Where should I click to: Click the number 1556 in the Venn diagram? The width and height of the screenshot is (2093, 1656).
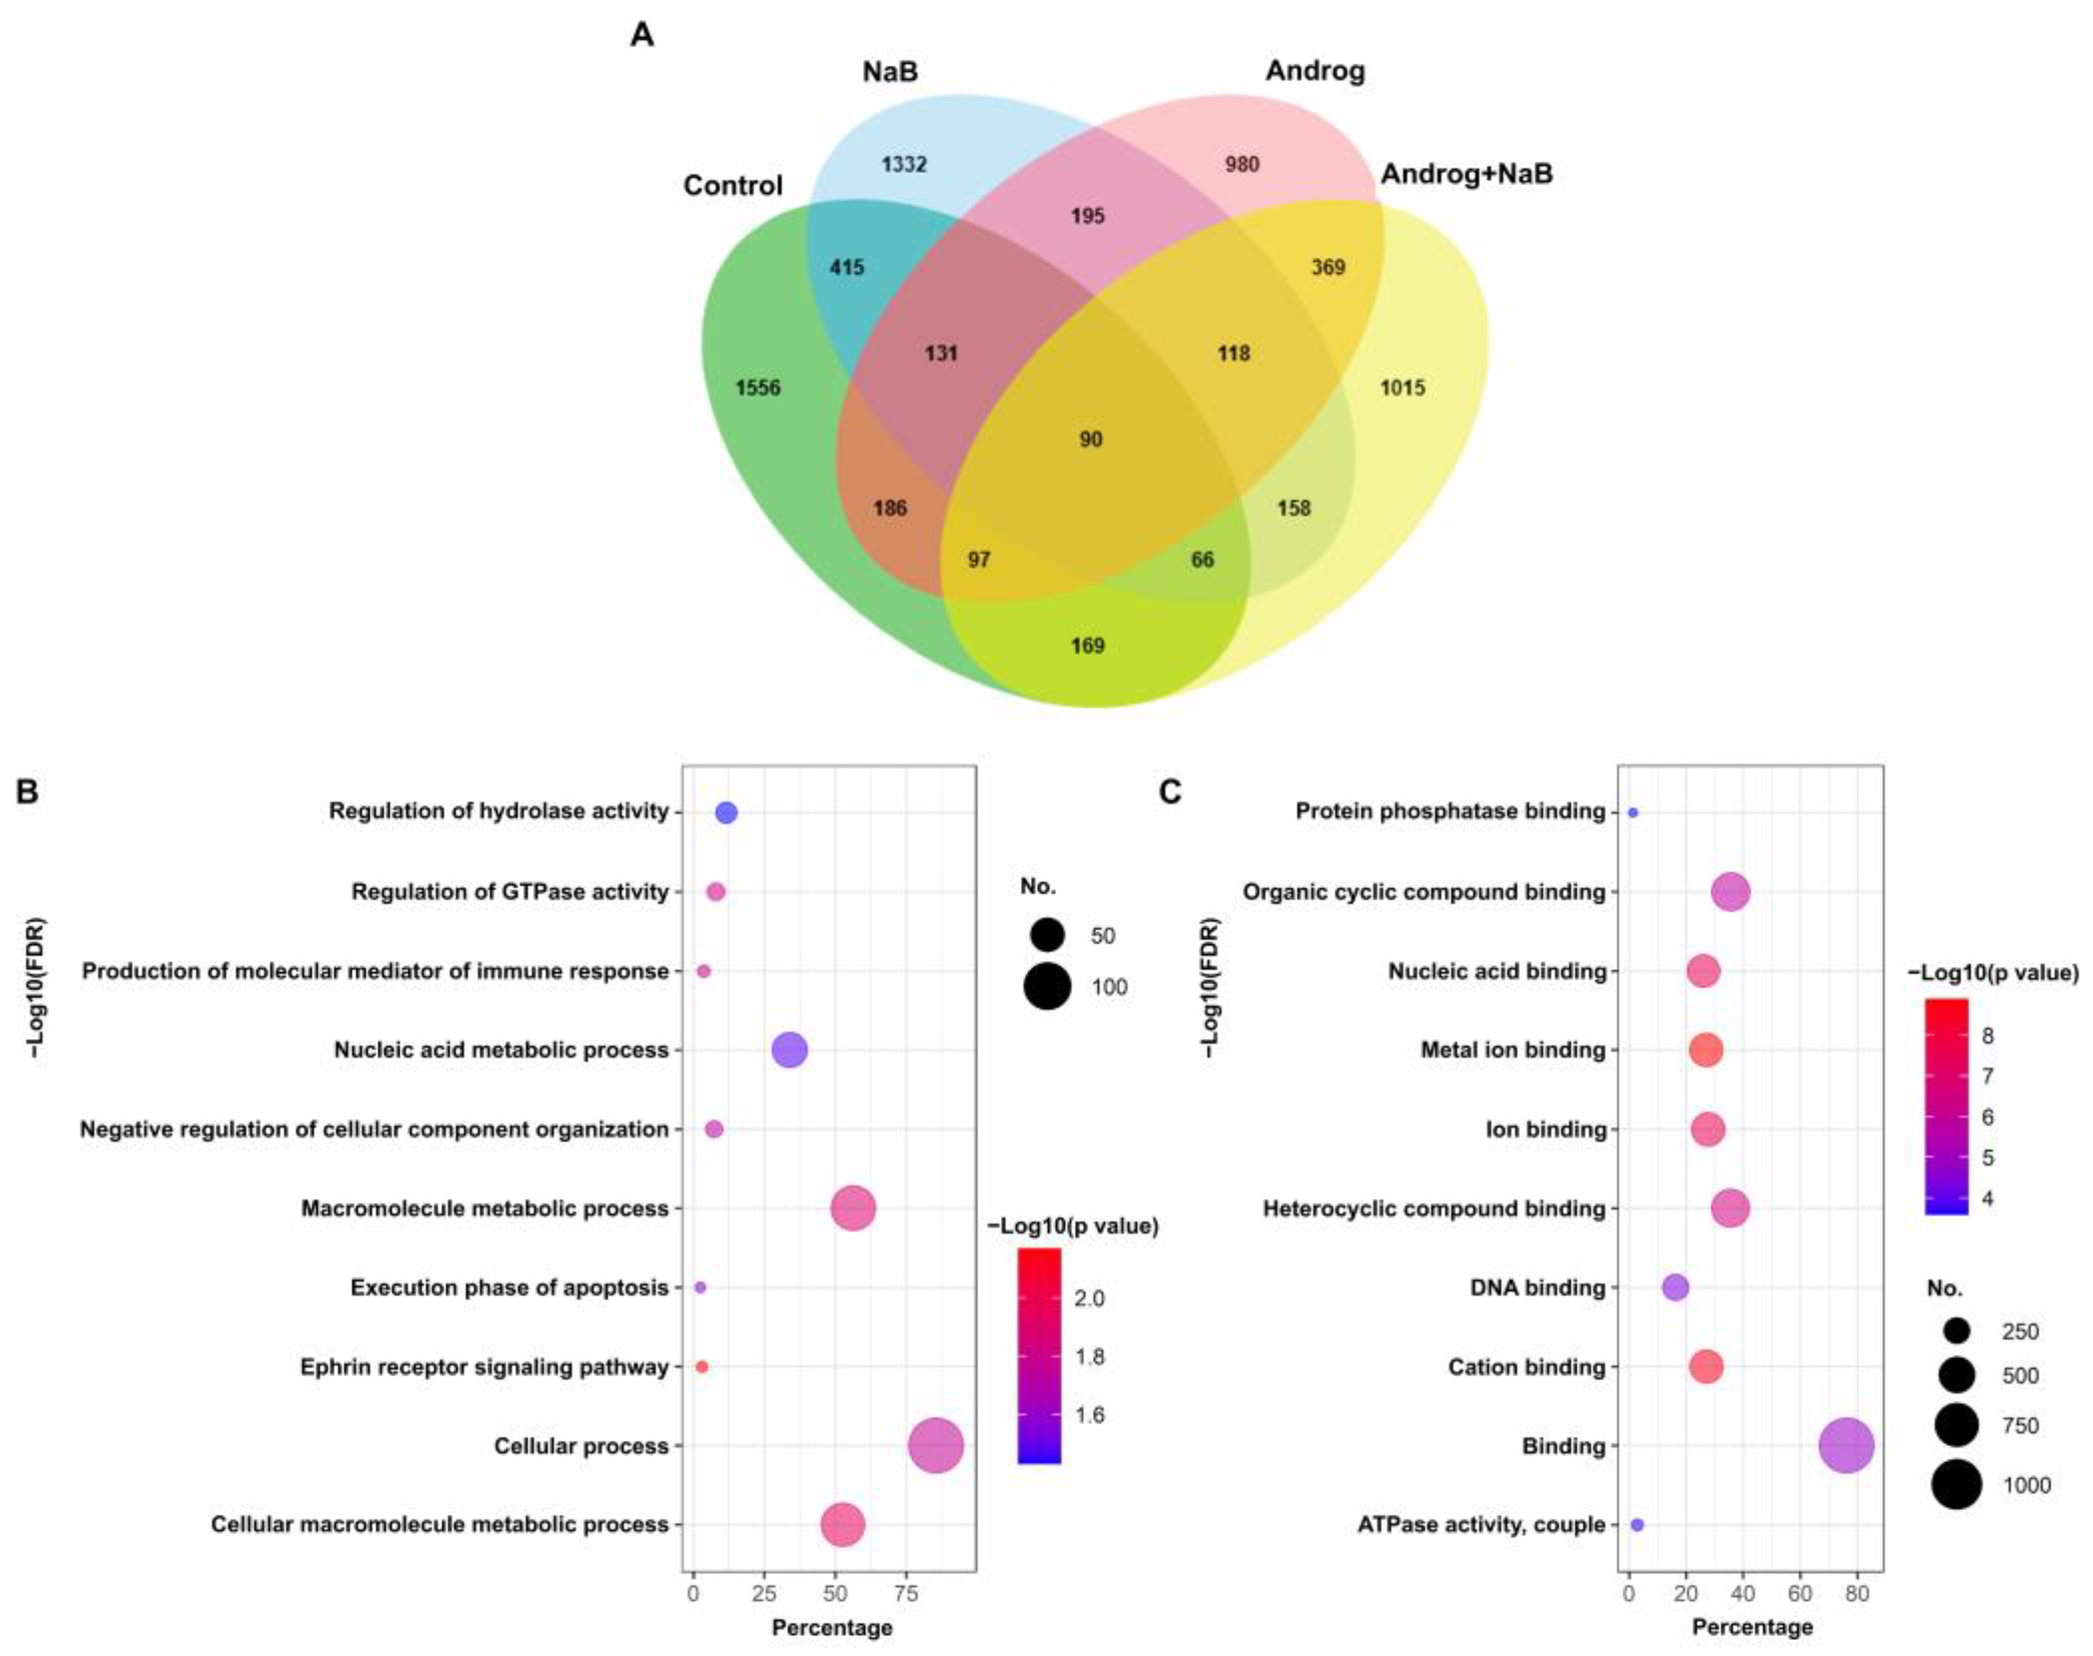[x=757, y=388]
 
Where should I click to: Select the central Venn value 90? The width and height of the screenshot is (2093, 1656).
[x=1091, y=439]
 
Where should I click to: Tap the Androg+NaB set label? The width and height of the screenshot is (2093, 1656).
[x=1466, y=174]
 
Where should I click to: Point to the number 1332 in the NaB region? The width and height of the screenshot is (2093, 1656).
[x=904, y=164]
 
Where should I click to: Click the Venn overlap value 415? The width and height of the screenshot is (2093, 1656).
[x=847, y=267]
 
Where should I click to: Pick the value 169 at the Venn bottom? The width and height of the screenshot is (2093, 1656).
[x=1087, y=646]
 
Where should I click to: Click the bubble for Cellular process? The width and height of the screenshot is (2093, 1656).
[x=936, y=1446]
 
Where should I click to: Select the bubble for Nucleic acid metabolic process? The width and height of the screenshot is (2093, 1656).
[x=789, y=1050]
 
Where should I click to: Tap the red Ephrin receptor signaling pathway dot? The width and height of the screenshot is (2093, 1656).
[x=702, y=1367]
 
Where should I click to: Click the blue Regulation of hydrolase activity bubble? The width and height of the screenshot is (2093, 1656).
[x=726, y=813]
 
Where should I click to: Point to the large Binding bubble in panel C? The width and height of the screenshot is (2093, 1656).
[x=1846, y=1446]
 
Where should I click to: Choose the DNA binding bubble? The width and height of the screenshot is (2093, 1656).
[x=1675, y=1287]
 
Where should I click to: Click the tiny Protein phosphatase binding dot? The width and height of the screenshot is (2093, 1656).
[x=1632, y=813]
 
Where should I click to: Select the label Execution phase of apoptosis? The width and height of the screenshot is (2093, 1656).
[x=509, y=1287]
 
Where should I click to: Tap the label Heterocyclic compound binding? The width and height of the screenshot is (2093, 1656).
[x=1433, y=1209]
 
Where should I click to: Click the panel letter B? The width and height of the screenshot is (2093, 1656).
[x=27, y=792]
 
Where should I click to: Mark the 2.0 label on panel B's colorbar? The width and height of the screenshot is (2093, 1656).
[x=1089, y=1298]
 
